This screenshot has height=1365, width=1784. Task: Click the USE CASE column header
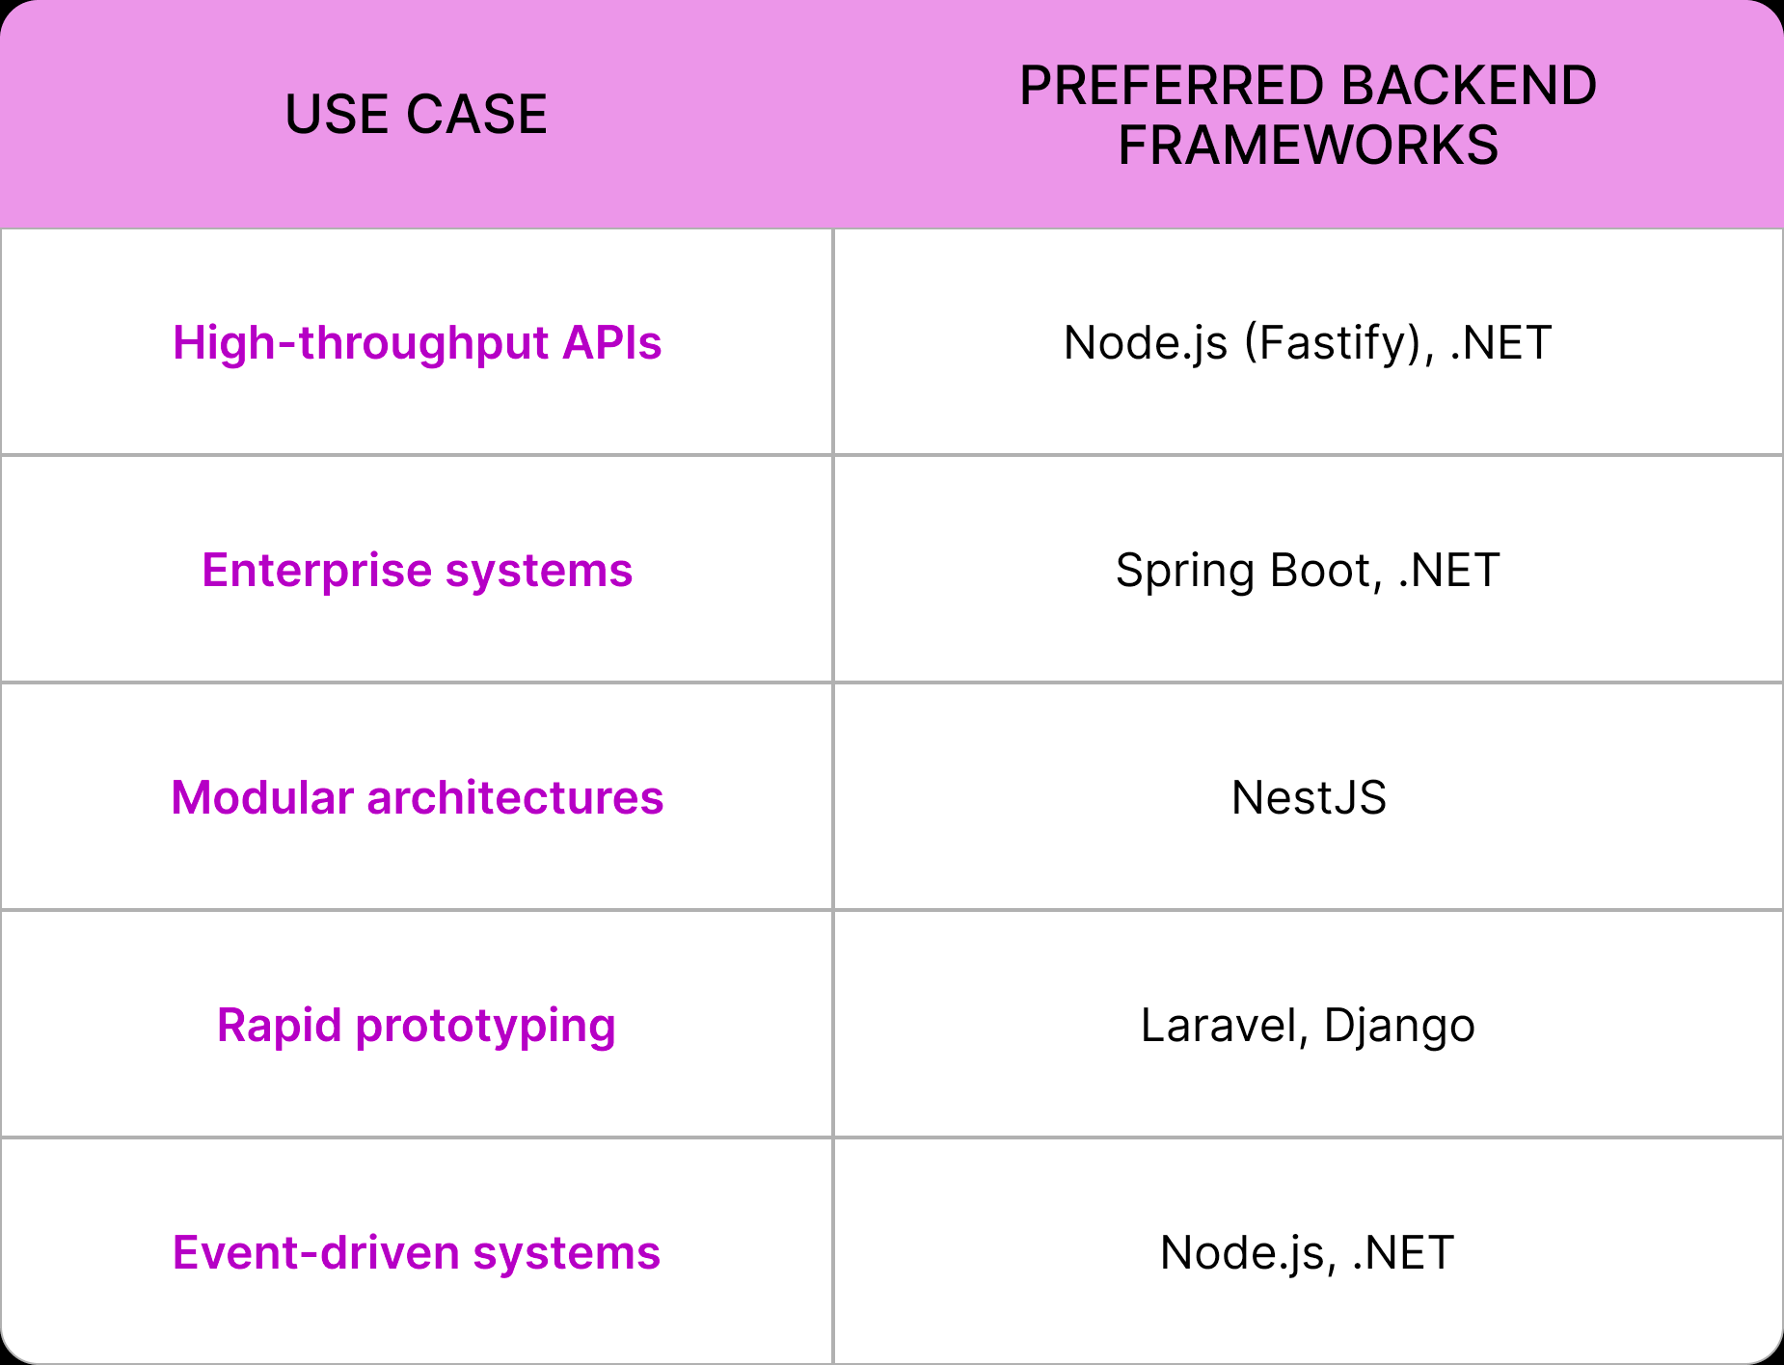416,115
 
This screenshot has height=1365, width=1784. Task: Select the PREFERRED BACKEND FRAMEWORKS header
1308,115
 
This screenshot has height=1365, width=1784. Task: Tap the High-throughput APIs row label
417,343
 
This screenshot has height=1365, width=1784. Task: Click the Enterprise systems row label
417,571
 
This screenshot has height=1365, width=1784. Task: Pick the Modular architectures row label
417,798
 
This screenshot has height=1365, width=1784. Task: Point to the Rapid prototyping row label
417,1026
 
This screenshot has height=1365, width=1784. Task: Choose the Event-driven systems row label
417,1253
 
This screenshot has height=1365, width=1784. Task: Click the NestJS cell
1309,798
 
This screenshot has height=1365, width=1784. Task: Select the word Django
1399,1026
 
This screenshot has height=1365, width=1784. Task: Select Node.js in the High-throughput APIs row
1146,343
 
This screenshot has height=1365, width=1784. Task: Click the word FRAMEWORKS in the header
1308,146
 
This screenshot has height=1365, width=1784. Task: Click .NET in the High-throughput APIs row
1500,343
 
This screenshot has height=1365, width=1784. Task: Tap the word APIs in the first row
612,343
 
